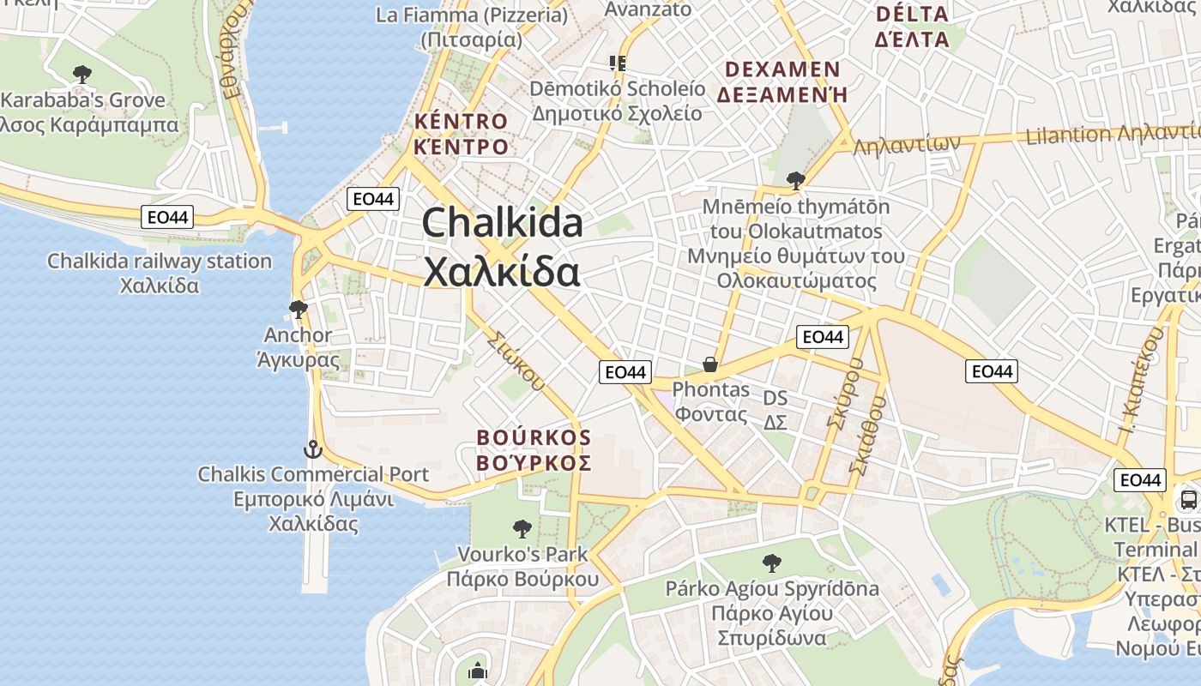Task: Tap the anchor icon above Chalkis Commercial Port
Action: pyautogui.click(x=313, y=448)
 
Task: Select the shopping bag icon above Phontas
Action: pyautogui.click(x=709, y=365)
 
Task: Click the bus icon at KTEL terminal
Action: pyautogui.click(x=1188, y=499)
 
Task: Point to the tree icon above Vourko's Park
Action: pyautogui.click(x=522, y=529)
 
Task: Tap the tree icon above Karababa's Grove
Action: pyautogui.click(x=82, y=75)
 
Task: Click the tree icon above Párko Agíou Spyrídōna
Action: pyautogui.click(x=771, y=563)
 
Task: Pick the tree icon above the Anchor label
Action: pyautogui.click(x=298, y=309)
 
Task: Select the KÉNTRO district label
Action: pyautogui.click(x=462, y=121)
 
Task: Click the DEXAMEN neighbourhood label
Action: pyautogui.click(x=782, y=69)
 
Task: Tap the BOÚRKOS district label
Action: pyautogui.click(x=534, y=438)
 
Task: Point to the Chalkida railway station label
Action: pyautogui.click(x=160, y=261)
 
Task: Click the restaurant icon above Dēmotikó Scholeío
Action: pyautogui.click(x=617, y=63)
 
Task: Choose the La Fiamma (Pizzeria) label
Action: pyautogui.click(x=472, y=15)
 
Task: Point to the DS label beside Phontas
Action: pyautogui.click(x=776, y=399)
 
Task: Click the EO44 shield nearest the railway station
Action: pyautogui.click(x=168, y=218)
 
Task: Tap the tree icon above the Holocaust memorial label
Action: pyautogui.click(x=795, y=180)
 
